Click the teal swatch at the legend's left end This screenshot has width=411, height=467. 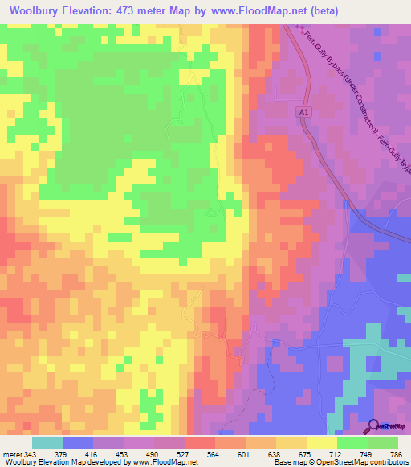click(x=47, y=442)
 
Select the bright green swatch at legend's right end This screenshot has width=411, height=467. click(x=383, y=442)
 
